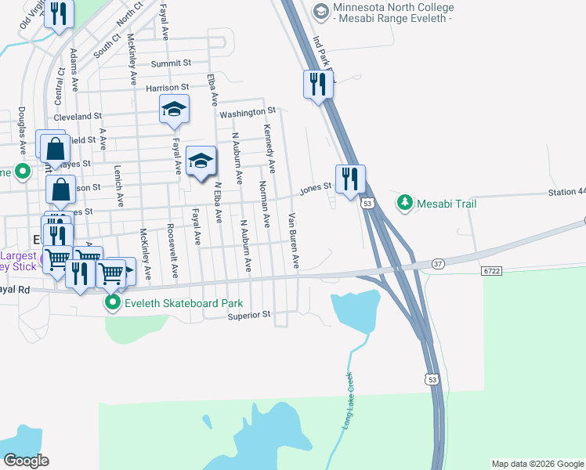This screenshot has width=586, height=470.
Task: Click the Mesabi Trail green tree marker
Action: click(x=405, y=204)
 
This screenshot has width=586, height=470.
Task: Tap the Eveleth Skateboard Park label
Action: click(x=177, y=303)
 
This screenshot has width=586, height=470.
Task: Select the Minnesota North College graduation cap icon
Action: click(x=320, y=12)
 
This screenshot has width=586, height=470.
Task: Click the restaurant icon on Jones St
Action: click(x=350, y=179)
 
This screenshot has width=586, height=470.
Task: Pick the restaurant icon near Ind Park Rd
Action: click(x=317, y=84)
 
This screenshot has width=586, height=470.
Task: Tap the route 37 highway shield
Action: click(x=438, y=264)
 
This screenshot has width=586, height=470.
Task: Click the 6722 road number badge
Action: click(x=491, y=270)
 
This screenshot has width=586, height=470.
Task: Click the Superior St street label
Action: click(x=249, y=315)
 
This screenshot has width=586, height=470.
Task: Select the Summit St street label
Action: click(x=172, y=63)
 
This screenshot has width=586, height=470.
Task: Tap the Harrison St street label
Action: click(x=168, y=88)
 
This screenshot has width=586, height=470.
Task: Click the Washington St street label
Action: click(x=248, y=113)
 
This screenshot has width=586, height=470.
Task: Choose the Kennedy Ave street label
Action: click(x=269, y=149)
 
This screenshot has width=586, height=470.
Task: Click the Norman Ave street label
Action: click(x=264, y=204)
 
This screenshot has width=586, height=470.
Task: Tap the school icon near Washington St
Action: click(x=174, y=110)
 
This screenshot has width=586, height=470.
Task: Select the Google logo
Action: click(x=26, y=461)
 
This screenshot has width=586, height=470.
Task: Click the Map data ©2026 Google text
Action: click(x=537, y=464)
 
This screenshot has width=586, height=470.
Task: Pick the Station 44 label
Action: click(x=566, y=192)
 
